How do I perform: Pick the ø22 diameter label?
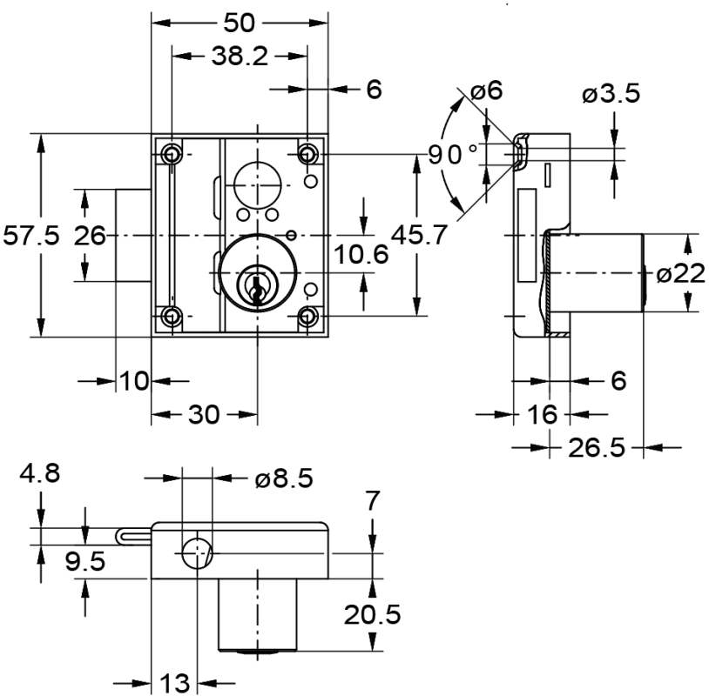click(x=679, y=274)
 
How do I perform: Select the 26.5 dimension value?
click(x=597, y=448)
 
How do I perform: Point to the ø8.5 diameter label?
click(x=285, y=478)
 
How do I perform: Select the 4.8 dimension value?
click(x=40, y=475)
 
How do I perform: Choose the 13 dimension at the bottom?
click(x=176, y=682)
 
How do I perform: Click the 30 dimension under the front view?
click(x=204, y=415)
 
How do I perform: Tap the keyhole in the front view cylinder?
click(x=256, y=286)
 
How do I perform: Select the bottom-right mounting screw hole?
click(x=307, y=315)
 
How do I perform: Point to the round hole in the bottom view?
click(x=197, y=551)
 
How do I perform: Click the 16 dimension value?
click(x=543, y=414)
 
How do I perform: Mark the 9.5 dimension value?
click(x=85, y=561)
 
